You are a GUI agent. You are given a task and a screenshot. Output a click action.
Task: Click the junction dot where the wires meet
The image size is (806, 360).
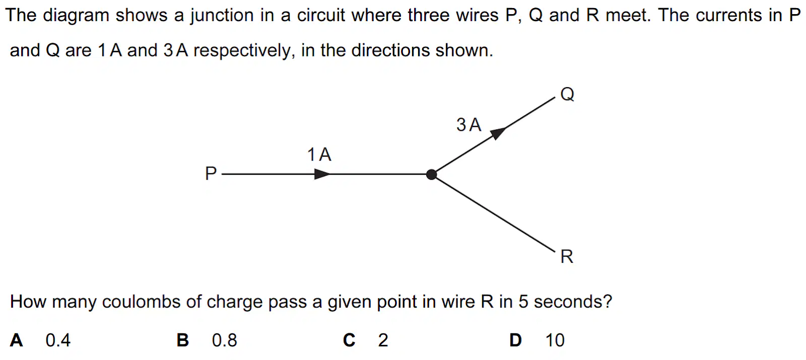(x=431, y=174)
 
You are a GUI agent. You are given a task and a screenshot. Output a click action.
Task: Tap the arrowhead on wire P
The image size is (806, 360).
(x=322, y=174)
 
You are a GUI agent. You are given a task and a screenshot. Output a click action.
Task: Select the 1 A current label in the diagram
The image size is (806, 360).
(x=319, y=155)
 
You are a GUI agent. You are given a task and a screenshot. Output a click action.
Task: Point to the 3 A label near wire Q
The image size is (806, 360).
(x=469, y=125)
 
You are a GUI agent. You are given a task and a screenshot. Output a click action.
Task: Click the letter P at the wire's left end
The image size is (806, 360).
(x=211, y=173)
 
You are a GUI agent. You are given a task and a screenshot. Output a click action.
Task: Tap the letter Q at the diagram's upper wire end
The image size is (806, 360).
(x=567, y=94)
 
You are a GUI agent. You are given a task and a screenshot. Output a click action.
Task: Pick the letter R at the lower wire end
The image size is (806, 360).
(x=567, y=257)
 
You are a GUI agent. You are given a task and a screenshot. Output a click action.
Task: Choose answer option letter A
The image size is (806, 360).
(x=17, y=340)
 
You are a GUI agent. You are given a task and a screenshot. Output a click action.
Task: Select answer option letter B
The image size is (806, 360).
(x=183, y=340)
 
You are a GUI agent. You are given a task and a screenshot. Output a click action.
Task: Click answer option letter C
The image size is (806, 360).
(x=349, y=340)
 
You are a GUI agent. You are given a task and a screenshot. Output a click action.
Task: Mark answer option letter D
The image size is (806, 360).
(x=516, y=340)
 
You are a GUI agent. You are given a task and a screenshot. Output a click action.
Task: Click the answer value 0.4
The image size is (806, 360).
(x=58, y=340)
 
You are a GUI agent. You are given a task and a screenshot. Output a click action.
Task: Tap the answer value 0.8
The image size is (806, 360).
(x=225, y=340)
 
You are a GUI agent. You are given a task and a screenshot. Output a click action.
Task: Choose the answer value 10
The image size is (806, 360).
(x=555, y=340)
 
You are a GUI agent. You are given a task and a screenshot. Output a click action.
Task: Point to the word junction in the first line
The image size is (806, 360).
(x=222, y=16)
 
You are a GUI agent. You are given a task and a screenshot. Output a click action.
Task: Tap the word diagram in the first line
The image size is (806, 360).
(x=76, y=16)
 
